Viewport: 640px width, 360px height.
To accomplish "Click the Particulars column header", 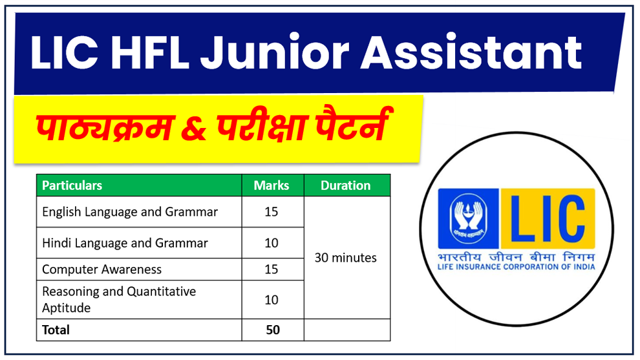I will [x=72, y=185].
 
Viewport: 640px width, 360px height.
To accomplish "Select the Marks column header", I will [x=272, y=185].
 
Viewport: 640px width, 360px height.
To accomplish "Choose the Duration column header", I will [x=346, y=185].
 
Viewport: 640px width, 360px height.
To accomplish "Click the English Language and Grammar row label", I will [x=130, y=212].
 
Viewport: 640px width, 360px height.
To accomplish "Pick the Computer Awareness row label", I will [x=102, y=270].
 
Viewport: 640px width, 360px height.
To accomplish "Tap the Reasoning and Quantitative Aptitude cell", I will [x=119, y=299].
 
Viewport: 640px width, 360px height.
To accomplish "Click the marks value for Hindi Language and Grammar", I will [x=272, y=243].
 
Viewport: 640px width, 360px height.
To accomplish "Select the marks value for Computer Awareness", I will [x=272, y=270].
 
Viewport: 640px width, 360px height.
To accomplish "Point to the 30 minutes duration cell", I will [x=346, y=258].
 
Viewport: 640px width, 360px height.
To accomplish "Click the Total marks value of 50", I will [x=273, y=330].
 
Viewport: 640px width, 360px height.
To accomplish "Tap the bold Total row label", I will [x=56, y=330].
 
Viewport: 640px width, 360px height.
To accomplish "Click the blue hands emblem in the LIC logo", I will [x=468, y=219].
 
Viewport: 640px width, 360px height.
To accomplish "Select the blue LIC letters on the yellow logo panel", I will [x=547, y=218].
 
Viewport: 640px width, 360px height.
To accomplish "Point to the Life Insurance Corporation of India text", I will [x=516, y=267].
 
